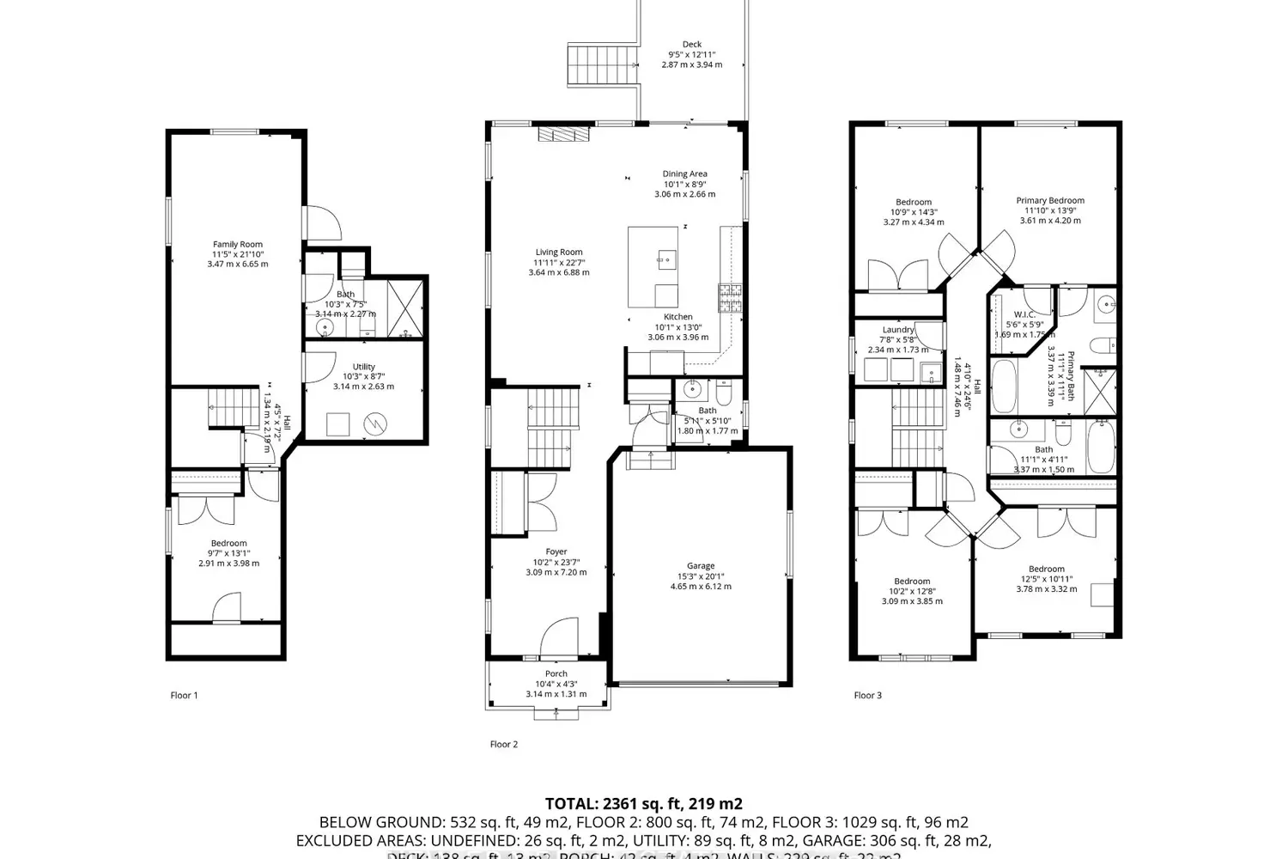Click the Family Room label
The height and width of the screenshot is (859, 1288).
coord(238,245)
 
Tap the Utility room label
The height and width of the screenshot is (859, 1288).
coord(363,367)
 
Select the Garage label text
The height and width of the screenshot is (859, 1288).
coord(701,566)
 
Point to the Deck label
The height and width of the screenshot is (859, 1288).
coord(692,45)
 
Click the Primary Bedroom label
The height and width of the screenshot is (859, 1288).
coord(1050,201)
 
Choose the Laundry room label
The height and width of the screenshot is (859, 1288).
coord(898,330)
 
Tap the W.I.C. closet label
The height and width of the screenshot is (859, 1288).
coord(1024,314)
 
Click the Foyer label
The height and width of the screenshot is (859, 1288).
coord(556,552)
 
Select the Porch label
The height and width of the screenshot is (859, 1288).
coord(556,674)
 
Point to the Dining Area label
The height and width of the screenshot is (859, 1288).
coord(684,174)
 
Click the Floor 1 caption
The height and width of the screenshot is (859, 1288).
coord(184,696)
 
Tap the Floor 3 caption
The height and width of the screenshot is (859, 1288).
coord(867,696)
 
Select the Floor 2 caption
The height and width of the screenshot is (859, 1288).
coord(504,745)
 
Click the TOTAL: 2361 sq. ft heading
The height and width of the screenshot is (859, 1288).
coord(644,804)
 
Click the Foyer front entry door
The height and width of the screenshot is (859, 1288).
coord(560,637)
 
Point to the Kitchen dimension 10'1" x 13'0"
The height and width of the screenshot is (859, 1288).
coord(677,326)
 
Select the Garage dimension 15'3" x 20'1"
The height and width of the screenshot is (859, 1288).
coord(701,576)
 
